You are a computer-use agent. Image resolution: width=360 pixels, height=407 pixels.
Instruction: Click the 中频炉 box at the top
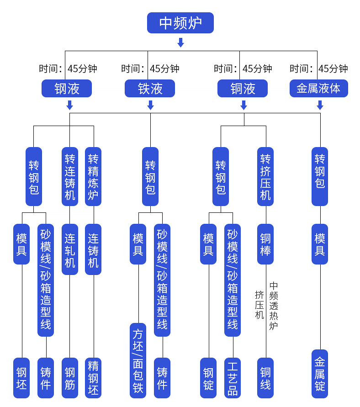point(180,23)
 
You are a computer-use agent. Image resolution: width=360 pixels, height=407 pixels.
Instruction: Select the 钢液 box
point(67,89)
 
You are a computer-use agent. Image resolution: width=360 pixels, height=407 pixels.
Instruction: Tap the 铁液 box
point(150,89)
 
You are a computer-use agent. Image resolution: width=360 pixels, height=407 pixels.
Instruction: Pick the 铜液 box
point(243,89)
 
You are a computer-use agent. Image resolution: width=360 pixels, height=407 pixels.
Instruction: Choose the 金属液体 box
point(318,89)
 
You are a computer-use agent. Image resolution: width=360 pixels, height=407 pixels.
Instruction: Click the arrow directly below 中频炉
point(180,42)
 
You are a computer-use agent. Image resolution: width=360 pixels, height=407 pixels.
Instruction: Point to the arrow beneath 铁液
point(150,106)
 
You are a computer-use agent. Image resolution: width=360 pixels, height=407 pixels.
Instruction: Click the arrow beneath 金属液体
point(320,106)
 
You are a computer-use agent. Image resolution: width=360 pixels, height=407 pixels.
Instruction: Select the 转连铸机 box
point(70,176)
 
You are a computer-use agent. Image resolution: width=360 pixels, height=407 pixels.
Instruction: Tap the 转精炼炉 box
point(93,176)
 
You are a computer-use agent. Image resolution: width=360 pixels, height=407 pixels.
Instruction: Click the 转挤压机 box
point(265,176)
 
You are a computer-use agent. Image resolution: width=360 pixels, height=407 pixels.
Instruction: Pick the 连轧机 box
point(70,249)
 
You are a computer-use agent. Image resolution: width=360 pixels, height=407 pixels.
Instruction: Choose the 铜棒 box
point(265,244)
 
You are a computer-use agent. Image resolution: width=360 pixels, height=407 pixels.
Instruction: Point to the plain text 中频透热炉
point(274,305)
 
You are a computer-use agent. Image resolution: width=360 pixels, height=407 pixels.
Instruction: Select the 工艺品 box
point(233,378)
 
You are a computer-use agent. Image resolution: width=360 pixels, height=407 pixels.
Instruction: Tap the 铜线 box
point(265,378)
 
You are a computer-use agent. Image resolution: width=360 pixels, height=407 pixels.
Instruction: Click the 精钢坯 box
point(93,378)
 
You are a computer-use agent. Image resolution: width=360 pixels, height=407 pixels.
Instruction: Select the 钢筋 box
point(70,378)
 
